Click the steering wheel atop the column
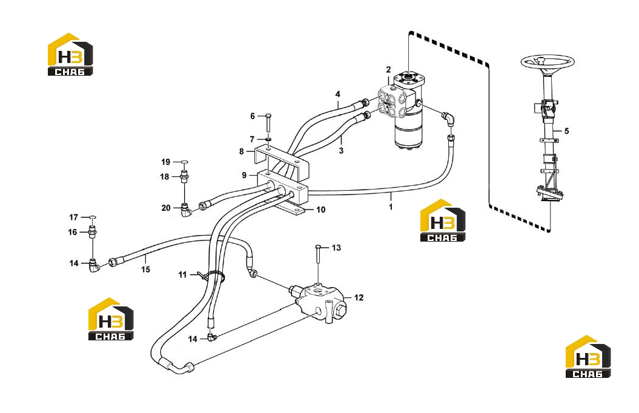click(548, 62)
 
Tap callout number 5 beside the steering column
click(566, 131)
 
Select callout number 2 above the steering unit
click(388, 70)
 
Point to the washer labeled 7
click(268, 140)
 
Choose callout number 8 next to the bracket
click(242, 151)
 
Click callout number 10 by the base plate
click(321, 210)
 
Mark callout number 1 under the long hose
click(391, 207)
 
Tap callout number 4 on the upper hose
click(338, 94)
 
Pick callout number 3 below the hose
click(341, 151)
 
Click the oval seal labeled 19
click(184, 162)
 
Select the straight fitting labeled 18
click(184, 177)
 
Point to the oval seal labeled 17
click(93, 217)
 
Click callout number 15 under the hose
click(145, 269)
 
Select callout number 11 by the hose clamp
click(182, 275)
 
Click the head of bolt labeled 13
click(318, 246)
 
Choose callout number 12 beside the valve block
click(359, 298)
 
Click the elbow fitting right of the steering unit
click(448, 117)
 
